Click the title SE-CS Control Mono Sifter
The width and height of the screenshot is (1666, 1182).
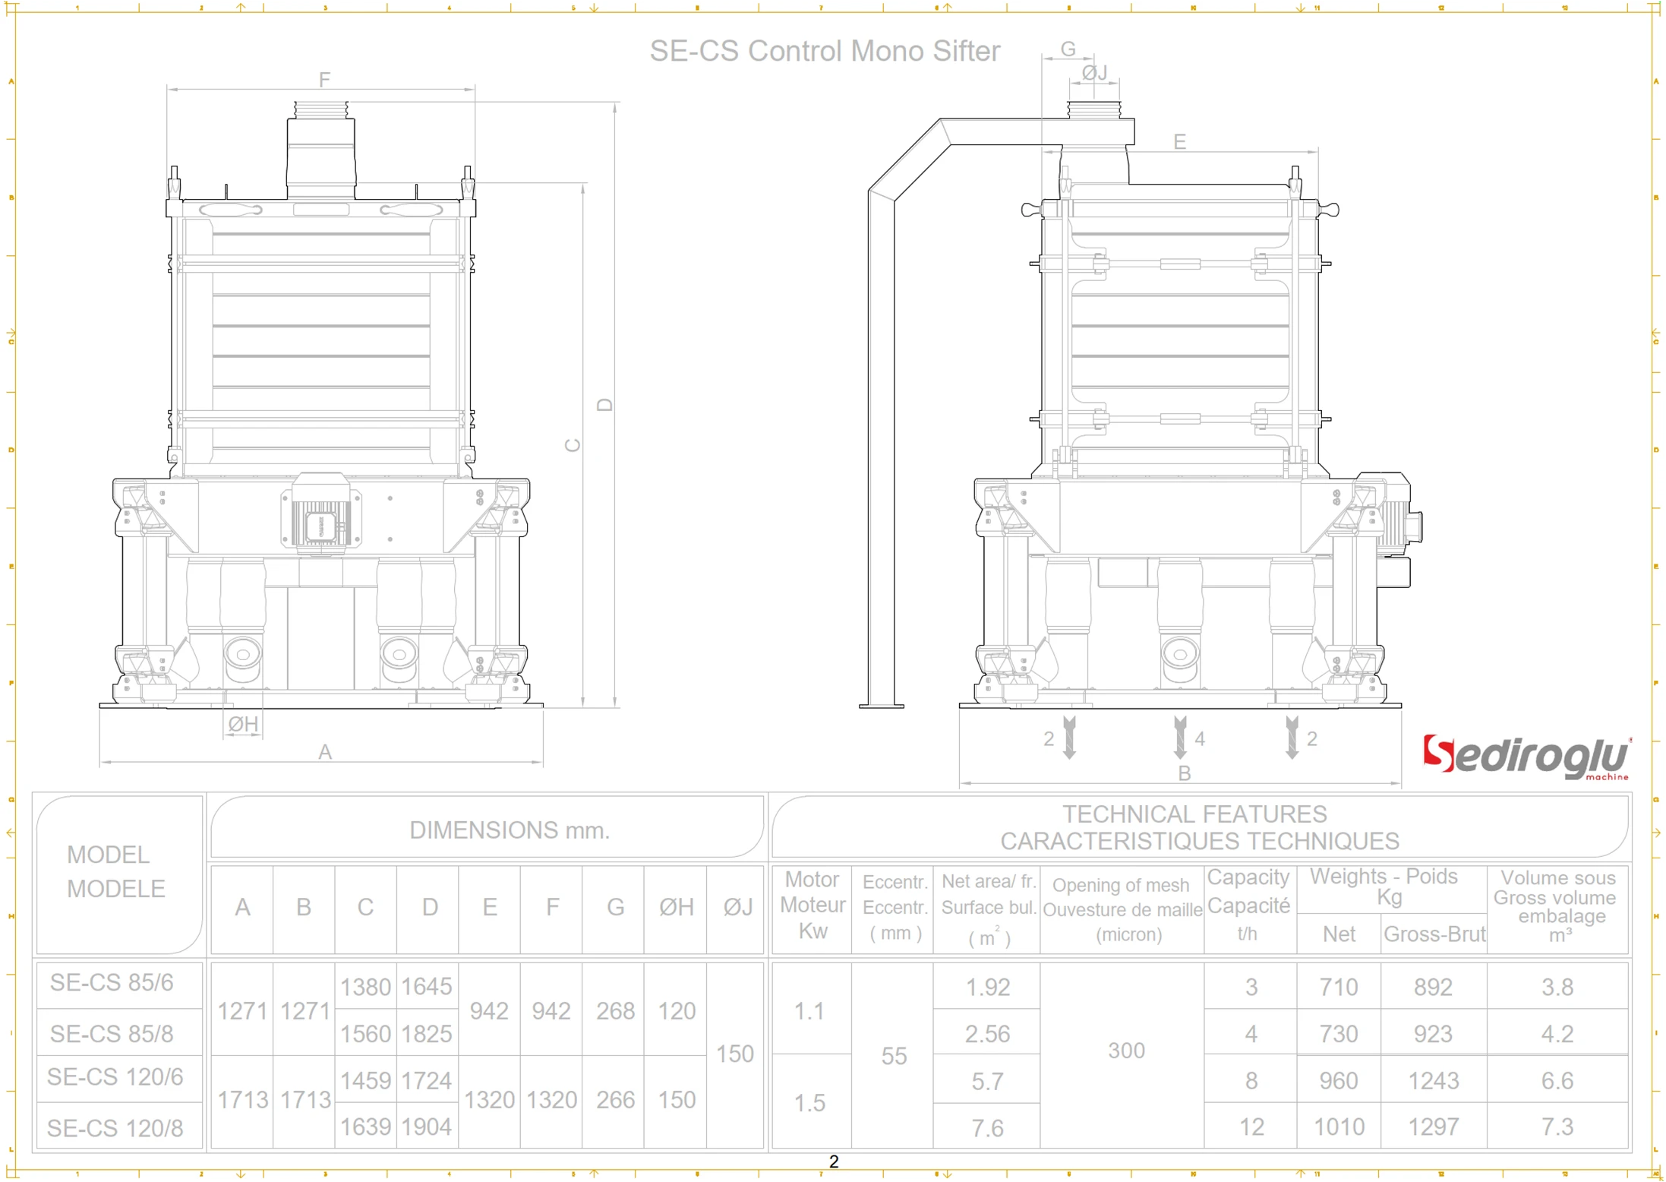pos(825,51)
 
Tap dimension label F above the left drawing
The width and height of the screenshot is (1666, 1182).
pos(324,80)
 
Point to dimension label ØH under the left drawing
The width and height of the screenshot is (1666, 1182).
pos(243,724)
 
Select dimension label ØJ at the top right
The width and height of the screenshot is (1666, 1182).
pos(1094,72)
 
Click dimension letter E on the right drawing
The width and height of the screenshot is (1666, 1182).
pos(1179,141)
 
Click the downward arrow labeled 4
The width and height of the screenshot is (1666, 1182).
pos(1180,737)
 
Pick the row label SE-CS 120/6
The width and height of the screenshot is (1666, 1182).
pos(115,1077)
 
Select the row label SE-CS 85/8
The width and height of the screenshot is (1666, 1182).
pos(112,1034)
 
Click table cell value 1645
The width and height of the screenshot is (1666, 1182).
pos(427,986)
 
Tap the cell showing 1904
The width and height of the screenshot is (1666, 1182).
pos(427,1127)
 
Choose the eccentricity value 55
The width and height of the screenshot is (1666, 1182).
pos(894,1056)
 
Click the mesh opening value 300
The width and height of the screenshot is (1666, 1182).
pos(1126,1051)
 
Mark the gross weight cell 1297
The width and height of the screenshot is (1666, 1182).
pos(1433,1127)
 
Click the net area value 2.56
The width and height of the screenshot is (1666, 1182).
pos(987,1034)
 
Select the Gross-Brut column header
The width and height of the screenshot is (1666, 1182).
pos(1434,934)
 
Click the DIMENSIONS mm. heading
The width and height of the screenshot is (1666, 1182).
pos(510,830)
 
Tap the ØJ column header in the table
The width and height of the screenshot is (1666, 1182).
pos(737,907)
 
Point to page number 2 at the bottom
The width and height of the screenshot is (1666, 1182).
pos(834,1161)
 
